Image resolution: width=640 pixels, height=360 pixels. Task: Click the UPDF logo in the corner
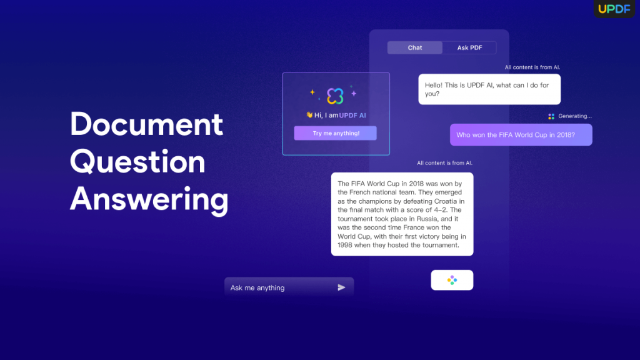pyautogui.click(x=615, y=9)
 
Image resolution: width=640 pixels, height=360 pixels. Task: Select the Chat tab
pyautogui.click(x=415, y=47)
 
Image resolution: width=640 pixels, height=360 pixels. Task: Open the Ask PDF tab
pyautogui.click(x=469, y=47)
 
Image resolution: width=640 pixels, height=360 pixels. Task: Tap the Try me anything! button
pyautogui.click(x=336, y=133)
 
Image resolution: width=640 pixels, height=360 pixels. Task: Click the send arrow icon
pyautogui.click(x=341, y=287)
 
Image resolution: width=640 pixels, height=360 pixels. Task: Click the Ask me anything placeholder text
pyautogui.click(x=257, y=288)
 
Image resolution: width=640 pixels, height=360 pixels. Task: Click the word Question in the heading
pyautogui.click(x=137, y=162)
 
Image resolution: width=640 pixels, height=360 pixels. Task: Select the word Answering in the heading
pyautogui.click(x=149, y=200)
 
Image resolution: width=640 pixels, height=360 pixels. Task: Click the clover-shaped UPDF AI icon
pyautogui.click(x=336, y=96)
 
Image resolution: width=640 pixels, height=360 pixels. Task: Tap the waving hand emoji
pyautogui.click(x=309, y=115)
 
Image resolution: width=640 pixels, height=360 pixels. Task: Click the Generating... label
pyautogui.click(x=574, y=116)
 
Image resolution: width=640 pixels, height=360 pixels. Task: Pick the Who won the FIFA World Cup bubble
pyautogui.click(x=521, y=135)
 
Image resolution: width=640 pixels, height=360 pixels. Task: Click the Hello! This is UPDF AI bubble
pyautogui.click(x=489, y=89)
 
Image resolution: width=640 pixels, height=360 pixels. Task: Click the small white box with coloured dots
pyautogui.click(x=452, y=280)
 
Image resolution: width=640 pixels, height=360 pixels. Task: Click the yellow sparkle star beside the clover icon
pyautogui.click(x=312, y=92)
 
